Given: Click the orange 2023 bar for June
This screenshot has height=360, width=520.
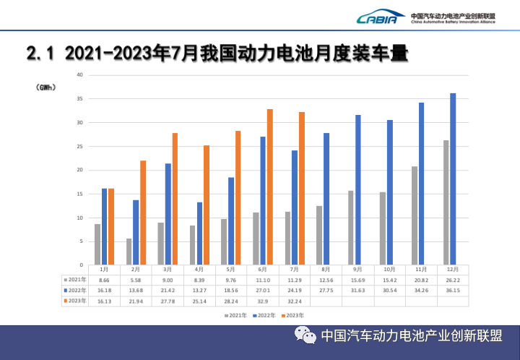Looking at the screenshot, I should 270,187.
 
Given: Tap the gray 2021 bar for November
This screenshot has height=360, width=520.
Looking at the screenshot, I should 415,215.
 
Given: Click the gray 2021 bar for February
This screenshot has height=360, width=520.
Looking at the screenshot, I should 129,251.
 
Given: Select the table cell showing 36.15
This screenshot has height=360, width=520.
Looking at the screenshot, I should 453,289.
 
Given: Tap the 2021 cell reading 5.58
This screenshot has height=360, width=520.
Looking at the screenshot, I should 136,278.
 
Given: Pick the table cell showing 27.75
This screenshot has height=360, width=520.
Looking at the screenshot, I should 326,289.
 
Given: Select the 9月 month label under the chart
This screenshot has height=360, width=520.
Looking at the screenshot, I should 358,268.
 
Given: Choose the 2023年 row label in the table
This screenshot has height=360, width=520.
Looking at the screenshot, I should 74,300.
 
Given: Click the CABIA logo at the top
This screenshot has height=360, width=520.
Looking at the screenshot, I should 377,18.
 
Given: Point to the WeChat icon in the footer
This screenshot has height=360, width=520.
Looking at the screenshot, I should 305,336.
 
